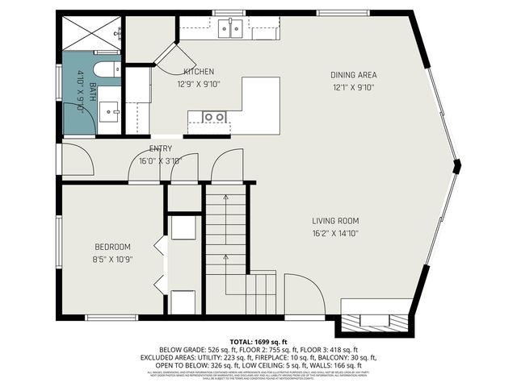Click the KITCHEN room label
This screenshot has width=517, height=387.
pyautogui.click(x=197, y=72)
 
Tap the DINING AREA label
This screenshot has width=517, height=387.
pyautogui.click(x=354, y=75)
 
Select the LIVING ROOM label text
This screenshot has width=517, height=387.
pyautogui.click(x=335, y=221)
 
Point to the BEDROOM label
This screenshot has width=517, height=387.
pyautogui.click(x=113, y=247)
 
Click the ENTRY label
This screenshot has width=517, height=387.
pyautogui.click(x=161, y=149)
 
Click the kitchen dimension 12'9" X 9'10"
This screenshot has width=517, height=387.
pyautogui.click(x=198, y=83)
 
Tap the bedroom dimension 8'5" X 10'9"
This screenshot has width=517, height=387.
pyautogui.click(x=113, y=259)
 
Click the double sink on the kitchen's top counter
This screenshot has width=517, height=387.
pyautogui.click(x=232, y=29)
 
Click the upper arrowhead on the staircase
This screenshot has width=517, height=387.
pyautogui.click(x=226, y=198)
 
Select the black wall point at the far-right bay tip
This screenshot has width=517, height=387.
pyautogui.click(x=457, y=166)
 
